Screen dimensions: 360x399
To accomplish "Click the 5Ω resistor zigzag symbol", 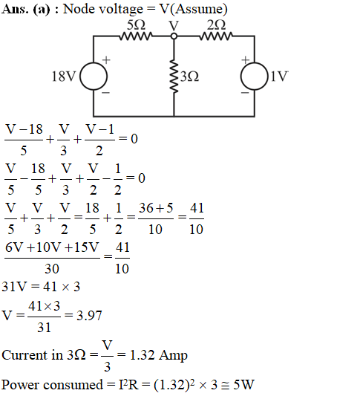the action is pos(136,36).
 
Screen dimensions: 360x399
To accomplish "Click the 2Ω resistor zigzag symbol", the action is pos(216,36).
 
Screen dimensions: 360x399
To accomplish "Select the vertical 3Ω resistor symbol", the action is pos(174,77).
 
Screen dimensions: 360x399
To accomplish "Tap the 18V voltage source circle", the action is pos(94,77).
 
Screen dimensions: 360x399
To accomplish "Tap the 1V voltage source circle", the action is pos(255,77).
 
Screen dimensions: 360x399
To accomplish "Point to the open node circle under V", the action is pos(174,36).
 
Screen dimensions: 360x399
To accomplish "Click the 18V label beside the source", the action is pos(64,77).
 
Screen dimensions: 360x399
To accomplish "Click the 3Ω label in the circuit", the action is pos(190,77).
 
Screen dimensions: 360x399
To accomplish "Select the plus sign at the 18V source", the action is pos(106,60).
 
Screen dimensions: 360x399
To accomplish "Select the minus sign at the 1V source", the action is pos(245,93).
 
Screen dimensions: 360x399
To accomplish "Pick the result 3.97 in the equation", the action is pos(89,316).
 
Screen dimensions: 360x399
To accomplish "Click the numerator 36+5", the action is pos(156,208).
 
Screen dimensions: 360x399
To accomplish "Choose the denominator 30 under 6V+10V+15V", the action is pos(52,269).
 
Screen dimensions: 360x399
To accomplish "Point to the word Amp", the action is pos(173,356).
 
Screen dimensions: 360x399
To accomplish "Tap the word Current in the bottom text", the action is pos(24,355).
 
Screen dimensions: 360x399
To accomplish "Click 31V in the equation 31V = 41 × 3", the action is pos(14,287).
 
